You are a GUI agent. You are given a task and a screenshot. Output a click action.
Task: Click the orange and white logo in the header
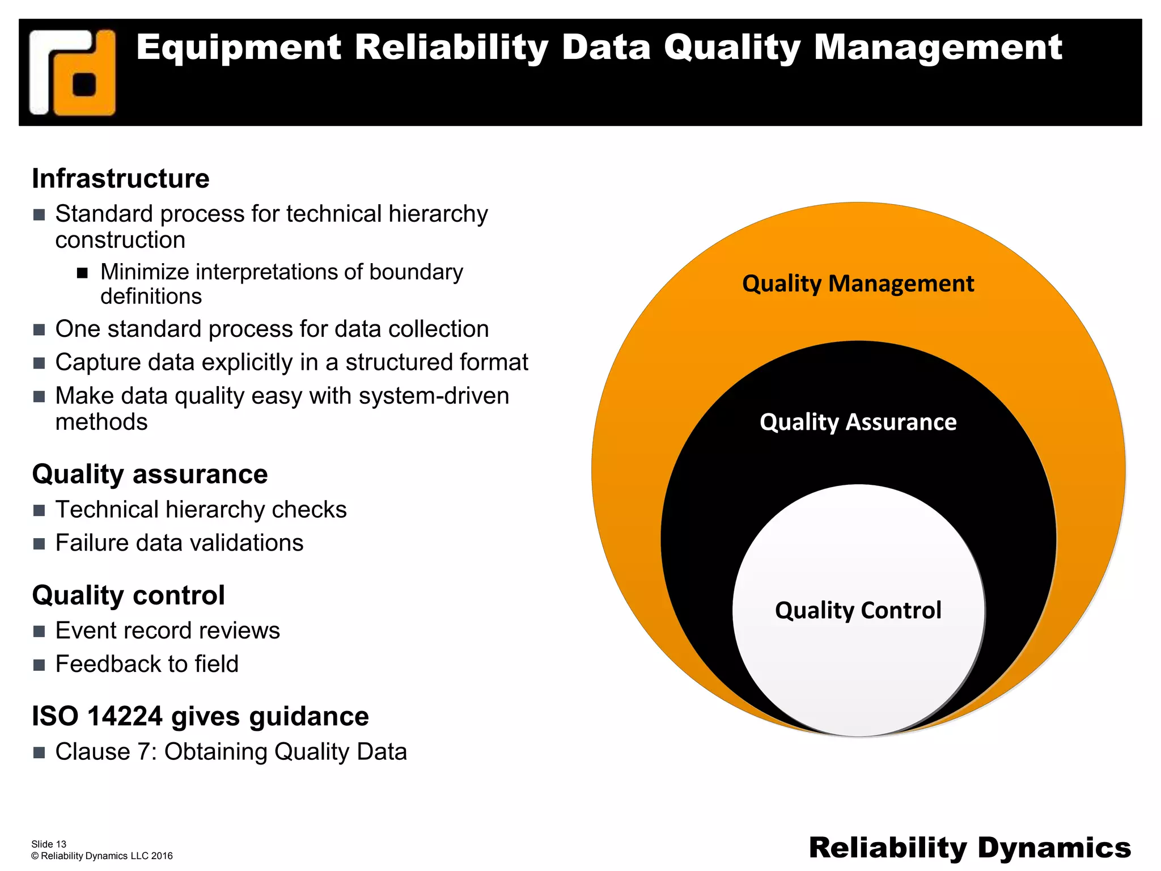point(73,73)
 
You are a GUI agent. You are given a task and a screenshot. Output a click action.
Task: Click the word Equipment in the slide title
point(239,47)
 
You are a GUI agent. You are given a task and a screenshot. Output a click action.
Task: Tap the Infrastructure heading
point(121,179)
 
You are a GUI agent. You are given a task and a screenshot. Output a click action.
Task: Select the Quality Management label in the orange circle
point(858,284)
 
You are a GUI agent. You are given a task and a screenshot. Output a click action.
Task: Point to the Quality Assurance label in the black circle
point(858,422)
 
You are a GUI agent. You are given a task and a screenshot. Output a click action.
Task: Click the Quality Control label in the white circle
point(858,611)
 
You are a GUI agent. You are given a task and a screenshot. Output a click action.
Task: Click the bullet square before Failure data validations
point(39,544)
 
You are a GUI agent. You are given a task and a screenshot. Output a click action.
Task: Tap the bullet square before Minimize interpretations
point(83,273)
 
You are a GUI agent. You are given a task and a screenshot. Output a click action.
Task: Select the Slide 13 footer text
point(49,844)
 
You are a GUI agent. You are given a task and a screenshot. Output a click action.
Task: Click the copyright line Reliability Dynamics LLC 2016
point(102,856)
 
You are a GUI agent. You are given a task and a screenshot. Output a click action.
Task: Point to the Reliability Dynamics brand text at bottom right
point(969,848)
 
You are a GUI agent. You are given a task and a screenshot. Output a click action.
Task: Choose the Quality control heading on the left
point(129,595)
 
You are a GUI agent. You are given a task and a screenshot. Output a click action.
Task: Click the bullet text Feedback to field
point(147,664)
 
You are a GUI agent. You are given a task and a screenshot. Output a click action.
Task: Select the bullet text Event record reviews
point(167,631)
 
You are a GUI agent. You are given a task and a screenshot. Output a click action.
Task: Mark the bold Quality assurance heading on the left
point(150,474)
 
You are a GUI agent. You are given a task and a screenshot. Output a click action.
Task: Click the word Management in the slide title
point(938,47)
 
